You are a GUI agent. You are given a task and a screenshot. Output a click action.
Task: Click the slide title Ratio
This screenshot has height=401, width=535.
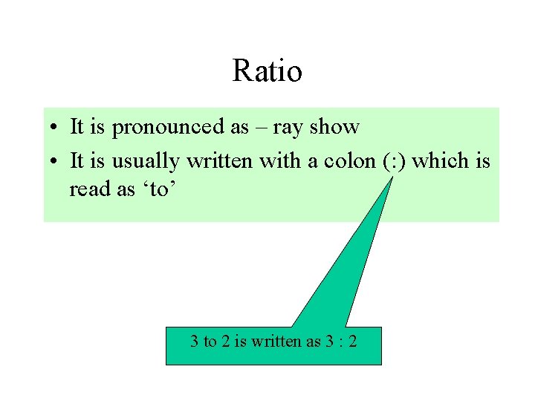(x=267, y=72)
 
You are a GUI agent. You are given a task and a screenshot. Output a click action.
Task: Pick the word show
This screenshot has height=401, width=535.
(x=334, y=127)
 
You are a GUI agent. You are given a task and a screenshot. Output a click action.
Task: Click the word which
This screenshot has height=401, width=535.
(x=443, y=160)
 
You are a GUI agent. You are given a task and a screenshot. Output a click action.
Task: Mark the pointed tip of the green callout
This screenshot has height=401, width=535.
(x=392, y=178)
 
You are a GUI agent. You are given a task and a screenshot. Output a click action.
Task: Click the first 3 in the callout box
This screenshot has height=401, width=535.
(x=194, y=342)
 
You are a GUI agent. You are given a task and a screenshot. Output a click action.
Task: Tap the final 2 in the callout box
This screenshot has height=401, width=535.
(x=353, y=342)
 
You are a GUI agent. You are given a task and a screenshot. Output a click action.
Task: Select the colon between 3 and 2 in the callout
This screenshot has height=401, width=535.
(x=341, y=343)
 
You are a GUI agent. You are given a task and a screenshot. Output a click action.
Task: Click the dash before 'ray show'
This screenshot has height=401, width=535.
(x=260, y=128)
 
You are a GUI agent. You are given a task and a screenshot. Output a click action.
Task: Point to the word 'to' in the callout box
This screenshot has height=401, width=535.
(x=210, y=342)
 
